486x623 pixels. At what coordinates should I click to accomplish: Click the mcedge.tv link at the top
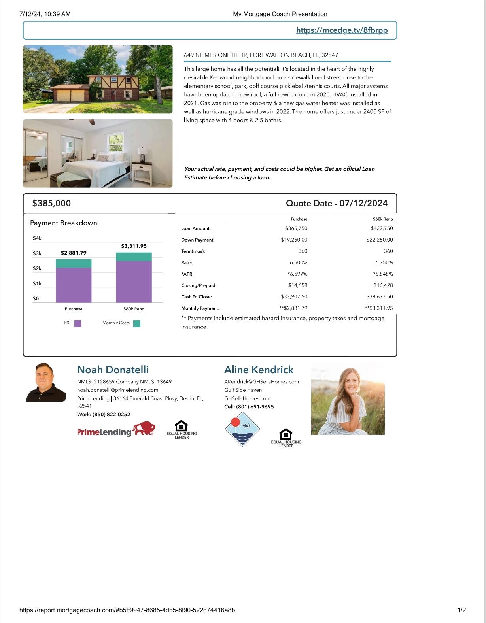click(x=342, y=30)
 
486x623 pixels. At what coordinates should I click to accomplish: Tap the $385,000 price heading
click(x=51, y=203)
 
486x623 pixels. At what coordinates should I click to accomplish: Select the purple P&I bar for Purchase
click(x=74, y=285)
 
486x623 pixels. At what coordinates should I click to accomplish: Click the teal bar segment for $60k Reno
click(x=134, y=257)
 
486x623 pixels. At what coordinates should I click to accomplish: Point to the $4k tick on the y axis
click(x=37, y=238)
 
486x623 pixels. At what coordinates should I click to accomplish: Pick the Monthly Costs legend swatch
click(x=137, y=323)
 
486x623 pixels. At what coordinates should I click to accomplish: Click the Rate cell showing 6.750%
click(x=384, y=262)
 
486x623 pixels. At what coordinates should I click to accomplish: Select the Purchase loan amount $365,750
click(x=296, y=228)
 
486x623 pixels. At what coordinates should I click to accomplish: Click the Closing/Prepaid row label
click(x=199, y=285)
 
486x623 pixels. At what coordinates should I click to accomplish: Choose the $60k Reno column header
click(x=382, y=219)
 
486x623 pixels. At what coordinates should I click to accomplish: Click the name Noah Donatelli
click(x=113, y=370)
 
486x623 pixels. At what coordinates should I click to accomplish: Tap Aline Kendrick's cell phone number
click(x=255, y=407)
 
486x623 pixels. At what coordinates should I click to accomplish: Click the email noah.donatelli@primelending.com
click(x=117, y=390)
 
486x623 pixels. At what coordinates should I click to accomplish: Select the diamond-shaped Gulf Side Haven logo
click(x=242, y=429)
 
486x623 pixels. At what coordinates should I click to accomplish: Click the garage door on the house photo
click(x=71, y=95)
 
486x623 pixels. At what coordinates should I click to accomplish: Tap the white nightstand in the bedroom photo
click(x=142, y=172)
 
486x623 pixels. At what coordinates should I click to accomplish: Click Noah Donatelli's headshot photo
click(x=45, y=382)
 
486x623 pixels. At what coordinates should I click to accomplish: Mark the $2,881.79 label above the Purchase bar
click(x=74, y=253)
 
